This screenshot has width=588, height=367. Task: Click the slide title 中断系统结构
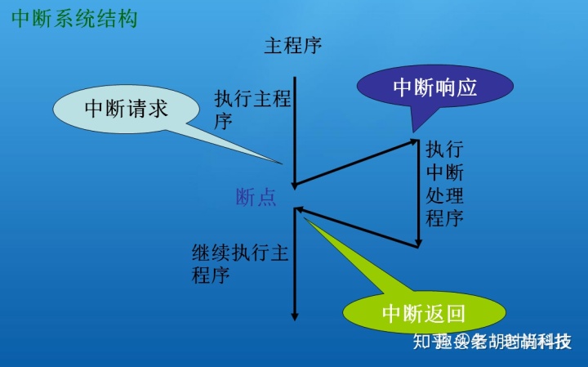(x=73, y=18)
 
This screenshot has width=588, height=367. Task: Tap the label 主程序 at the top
(x=293, y=45)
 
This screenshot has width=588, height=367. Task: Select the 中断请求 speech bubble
(x=127, y=109)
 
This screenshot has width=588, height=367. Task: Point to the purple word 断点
(x=256, y=197)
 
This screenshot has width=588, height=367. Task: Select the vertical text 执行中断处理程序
(x=445, y=184)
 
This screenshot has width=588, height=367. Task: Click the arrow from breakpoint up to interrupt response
(x=355, y=163)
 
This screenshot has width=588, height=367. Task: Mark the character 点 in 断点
(x=266, y=197)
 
